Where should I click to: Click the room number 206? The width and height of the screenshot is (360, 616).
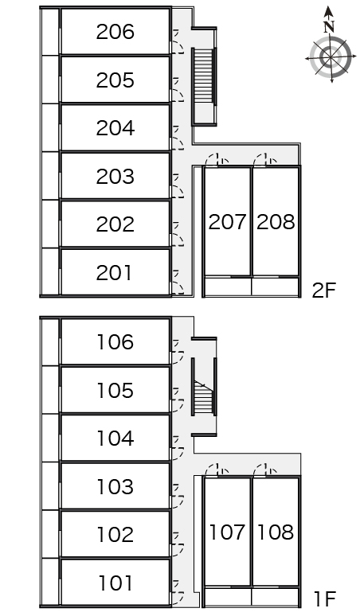click(x=115, y=32)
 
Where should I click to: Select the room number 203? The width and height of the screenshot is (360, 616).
click(x=115, y=177)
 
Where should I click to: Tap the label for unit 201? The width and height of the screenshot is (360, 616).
click(x=114, y=273)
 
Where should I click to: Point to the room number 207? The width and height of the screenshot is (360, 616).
click(x=227, y=222)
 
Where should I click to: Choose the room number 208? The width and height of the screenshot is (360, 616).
click(x=276, y=222)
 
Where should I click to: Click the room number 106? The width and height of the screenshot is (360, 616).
click(x=115, y=342)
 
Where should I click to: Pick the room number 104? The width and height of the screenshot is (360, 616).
click(x=115, y=439)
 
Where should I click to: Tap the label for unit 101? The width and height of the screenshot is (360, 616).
click(x=115, y=583)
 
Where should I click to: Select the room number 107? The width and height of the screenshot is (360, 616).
click(x=227, y=532)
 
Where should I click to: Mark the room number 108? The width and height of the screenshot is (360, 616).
click(x=276, y=532)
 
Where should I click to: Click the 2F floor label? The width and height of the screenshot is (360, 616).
click(x=324, y=290)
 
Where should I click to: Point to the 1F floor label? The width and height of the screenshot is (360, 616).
click(x=325, y=599)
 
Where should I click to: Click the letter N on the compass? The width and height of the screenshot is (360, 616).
click(x=329, y=27)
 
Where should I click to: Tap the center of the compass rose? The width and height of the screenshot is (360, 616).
click(x=330, y=57)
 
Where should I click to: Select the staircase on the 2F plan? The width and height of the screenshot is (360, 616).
click(x=204, y=76)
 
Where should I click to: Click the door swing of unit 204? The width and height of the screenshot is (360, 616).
click(x=178, y=138)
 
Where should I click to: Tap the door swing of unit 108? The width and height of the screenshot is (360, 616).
click(x=265, y=470)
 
